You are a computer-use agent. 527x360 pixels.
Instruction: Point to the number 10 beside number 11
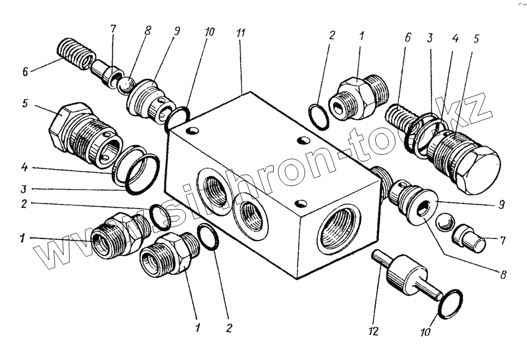point(209,32)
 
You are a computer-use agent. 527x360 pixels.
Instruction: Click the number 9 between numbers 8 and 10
point(175,31)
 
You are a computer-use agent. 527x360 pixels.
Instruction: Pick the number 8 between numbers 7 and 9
point(148,31)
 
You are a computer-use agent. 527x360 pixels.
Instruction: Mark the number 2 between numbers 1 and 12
point(228,328)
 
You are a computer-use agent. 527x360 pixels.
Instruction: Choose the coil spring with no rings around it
point(76,53)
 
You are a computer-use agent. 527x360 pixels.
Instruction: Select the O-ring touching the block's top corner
point(177,119)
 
